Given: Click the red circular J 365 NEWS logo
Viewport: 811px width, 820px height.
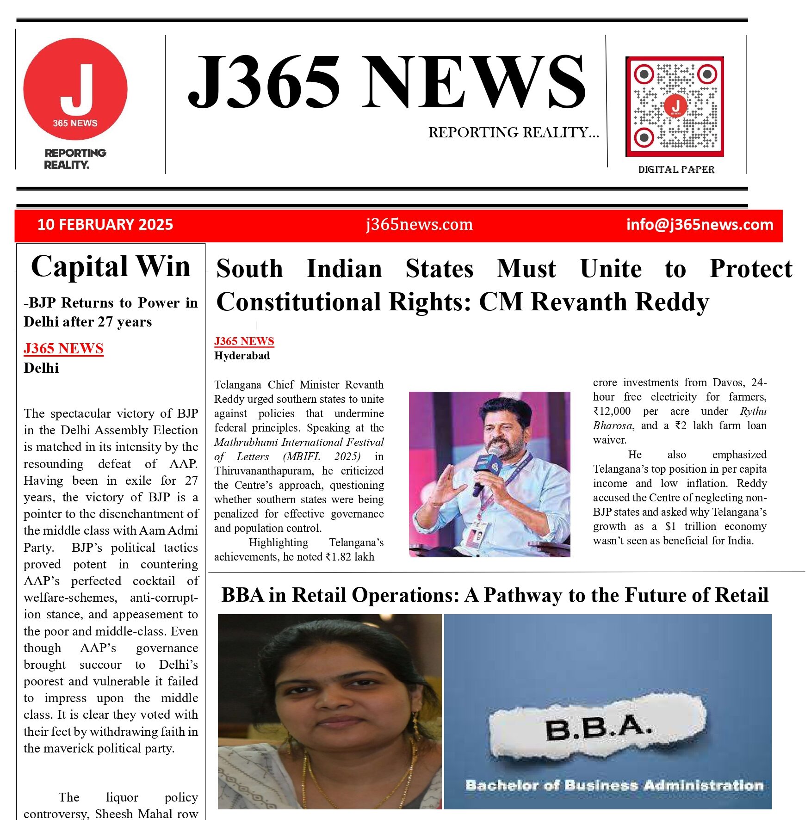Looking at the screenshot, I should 75,89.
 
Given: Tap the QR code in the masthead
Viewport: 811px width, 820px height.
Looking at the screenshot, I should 675,107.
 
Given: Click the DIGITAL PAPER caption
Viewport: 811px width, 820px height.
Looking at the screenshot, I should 676,170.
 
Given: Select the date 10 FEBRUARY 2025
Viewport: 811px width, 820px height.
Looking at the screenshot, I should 105,225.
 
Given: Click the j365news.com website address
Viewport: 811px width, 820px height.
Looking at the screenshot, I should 419,225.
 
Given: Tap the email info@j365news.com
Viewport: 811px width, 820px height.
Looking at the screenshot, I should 700,225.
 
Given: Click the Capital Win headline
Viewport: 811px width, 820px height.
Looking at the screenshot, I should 111,266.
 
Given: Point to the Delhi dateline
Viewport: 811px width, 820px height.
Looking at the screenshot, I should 41,368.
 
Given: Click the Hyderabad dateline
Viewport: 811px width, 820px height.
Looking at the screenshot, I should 242,356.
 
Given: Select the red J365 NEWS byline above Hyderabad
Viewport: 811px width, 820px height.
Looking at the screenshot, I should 244,341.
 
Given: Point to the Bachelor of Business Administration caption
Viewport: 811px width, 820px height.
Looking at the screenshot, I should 614,785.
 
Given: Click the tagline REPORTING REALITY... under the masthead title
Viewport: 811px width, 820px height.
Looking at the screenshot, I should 513,133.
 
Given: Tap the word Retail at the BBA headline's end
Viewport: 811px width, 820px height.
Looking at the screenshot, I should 742,595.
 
